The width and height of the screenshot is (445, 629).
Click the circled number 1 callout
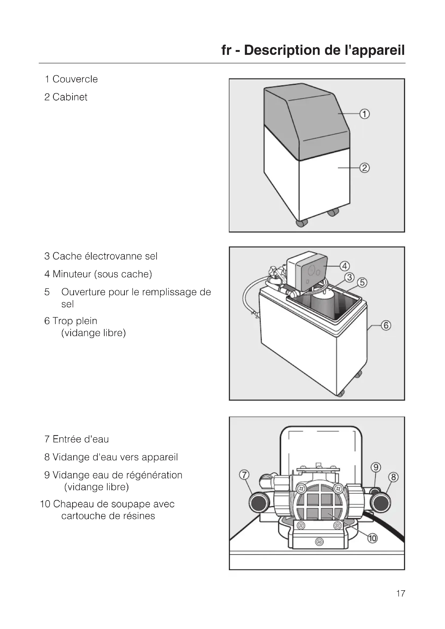[x=365, y=114]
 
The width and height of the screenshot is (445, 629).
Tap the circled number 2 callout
[x=365, y=168]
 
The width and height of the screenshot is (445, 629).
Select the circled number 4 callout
[x=344, y=266]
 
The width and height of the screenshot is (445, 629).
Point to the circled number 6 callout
[x=386, y=325]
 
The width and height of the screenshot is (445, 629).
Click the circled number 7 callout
[x=244, y=475]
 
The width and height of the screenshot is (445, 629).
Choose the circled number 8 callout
[x=393, y=477]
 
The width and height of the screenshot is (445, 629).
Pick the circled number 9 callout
[x=376, y=467]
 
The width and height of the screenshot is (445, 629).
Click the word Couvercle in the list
[x=75, y=79]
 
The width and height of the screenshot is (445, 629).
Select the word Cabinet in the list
[x=70, y=97]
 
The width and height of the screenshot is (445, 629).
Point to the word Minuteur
[x=72, y=274]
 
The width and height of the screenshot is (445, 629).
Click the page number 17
[x=401, y=594]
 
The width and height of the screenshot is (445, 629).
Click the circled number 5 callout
[x=362, y=282]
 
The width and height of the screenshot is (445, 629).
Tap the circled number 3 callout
[x=349, y=278]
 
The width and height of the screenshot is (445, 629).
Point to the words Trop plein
[x=75, y=321]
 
